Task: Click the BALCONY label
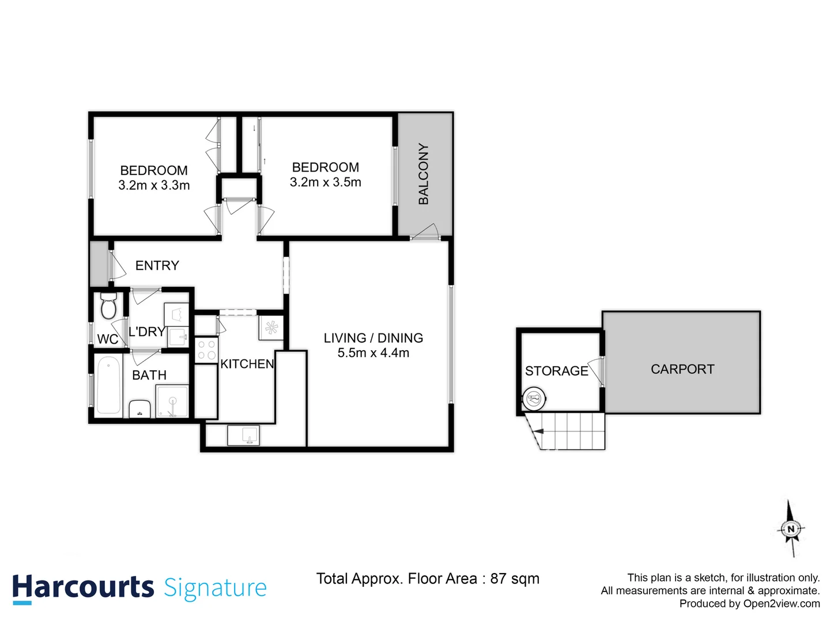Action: pos(424,174)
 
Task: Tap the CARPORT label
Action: pos(682,369)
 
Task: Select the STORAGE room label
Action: pos(556,371)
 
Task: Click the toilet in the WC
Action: pos(108,306)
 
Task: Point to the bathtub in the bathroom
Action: pos(108,385)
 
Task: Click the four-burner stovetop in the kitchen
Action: pos(206,350)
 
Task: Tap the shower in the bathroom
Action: pos(172,401)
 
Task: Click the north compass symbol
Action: pos(791,529)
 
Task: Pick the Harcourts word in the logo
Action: pos(83,587)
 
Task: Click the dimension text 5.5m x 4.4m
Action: pos(373,353)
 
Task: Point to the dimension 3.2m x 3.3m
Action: pos(154,185)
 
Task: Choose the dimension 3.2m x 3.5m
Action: pos(325,183)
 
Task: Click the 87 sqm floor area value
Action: pos(514,579)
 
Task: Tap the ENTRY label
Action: pos(157,266)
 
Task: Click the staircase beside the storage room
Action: pos(568,431)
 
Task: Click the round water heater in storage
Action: pos(534,398)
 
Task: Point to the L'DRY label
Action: pos(146,332)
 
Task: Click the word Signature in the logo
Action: pos(215,588)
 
